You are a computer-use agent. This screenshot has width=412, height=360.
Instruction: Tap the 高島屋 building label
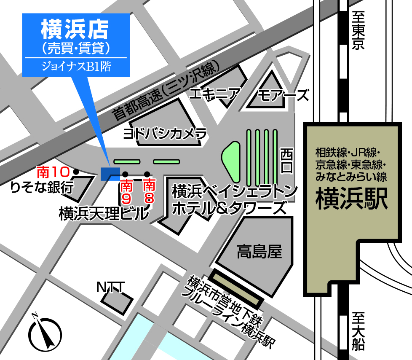click(x=259, y=252)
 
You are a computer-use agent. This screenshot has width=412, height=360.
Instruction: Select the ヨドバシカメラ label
click(x=165, y=134)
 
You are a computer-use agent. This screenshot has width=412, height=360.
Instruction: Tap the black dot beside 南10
click(x=76, y=172)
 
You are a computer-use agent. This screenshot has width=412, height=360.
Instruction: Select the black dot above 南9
click(x=125, y=174)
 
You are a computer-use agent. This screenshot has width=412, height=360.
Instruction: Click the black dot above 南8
click(x=147, y=174)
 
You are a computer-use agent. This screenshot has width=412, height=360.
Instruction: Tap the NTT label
click(x=110, y=287)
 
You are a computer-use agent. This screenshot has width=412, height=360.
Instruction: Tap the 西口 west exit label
click(x=286, y=160)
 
